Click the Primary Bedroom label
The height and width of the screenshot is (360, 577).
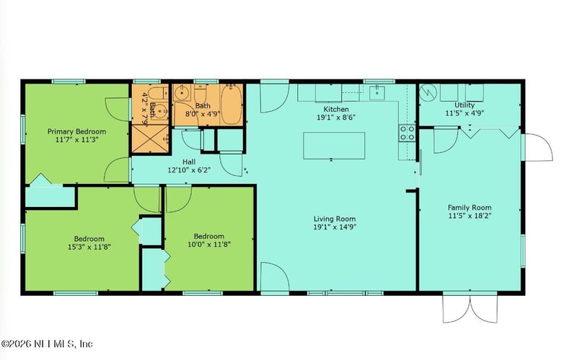pyautogui.click(x=76, y=131)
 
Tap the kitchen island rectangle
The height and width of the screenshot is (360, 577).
pyautogui.click(x=334, y=146)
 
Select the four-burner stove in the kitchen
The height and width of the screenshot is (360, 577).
pyautogui.click(x=407, y=133)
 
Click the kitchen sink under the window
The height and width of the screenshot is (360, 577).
pyautogui.click(x=376, y=93)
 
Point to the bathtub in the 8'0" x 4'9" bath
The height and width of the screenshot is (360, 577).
pyautogui.click(x=231, y=105)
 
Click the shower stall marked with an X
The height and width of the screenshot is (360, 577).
pyautogui.click(x=150, y=139)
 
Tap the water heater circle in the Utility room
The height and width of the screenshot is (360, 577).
pyautogui.click(x=428, y=92)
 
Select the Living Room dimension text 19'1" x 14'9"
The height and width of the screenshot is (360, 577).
pyautogui.click(x=335, y=227)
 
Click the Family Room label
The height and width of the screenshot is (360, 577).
pyautogui.click(x=470, y=207)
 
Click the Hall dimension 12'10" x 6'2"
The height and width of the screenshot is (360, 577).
pyautogui.click(x=189, y=170)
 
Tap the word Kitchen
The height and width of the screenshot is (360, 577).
pyautogui.click(x=336, y=110)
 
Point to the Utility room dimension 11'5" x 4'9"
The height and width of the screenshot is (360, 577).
pyautogui.click(x=464, y=113)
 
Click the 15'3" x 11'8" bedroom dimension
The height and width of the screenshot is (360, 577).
pyautogui.click(x=89, y=247)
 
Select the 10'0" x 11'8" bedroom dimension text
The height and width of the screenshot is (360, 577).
pyautogui.click(x=209, y=244)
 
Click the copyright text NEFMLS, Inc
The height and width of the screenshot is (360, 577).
pyautogui.click(x=63, y=344)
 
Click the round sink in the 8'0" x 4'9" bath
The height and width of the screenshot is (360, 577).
pyautogui.click(x=182, y=93)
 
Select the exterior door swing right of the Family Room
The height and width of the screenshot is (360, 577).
pyautogui.click(x=538, y=147)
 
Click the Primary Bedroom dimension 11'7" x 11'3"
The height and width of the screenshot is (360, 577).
pyautogui.click(x=77, y=139)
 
